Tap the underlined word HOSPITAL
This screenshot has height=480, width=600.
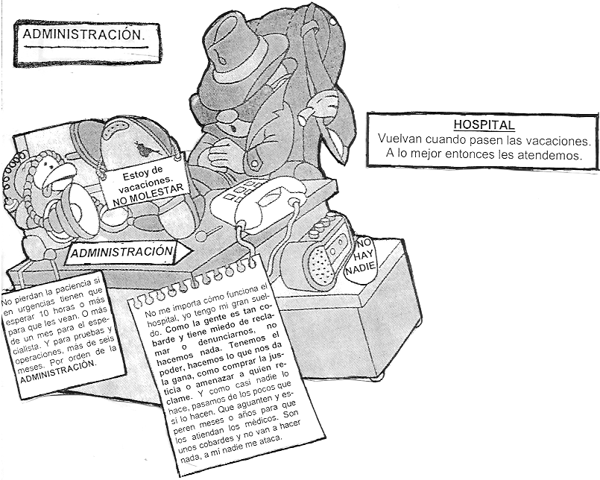point(484,125)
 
